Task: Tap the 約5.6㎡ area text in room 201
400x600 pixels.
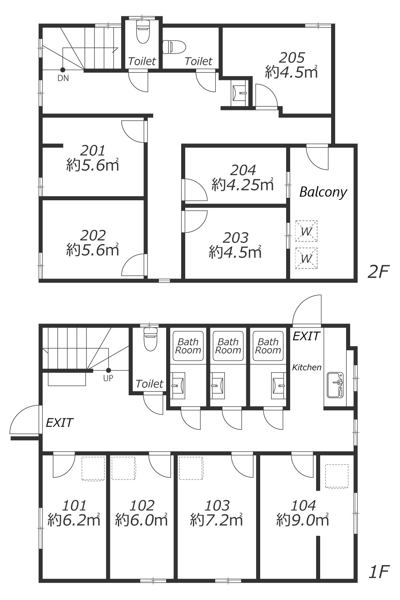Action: (92, 165)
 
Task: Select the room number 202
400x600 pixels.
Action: (93, 236)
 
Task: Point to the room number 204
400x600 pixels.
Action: (243, 170)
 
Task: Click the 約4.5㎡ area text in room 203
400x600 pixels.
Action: (235, 252)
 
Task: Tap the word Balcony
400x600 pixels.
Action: (323, 192)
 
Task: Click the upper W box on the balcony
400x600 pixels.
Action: (306, 231)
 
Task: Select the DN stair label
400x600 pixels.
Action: (63, 78)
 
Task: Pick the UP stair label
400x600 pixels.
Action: (108, 378)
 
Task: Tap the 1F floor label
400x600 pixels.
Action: (379, 572)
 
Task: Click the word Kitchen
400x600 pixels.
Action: (306, 367)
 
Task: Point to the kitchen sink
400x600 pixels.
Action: (335, 385)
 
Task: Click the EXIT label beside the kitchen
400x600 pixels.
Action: (306, 336)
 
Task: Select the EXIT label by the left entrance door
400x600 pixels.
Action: (60, 423)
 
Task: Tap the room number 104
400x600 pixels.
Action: (304, 506)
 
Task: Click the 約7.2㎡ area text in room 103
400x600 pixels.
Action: (216, 520)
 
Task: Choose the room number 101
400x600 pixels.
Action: (74, 506)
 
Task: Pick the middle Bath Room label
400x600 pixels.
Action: (228, 346)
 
